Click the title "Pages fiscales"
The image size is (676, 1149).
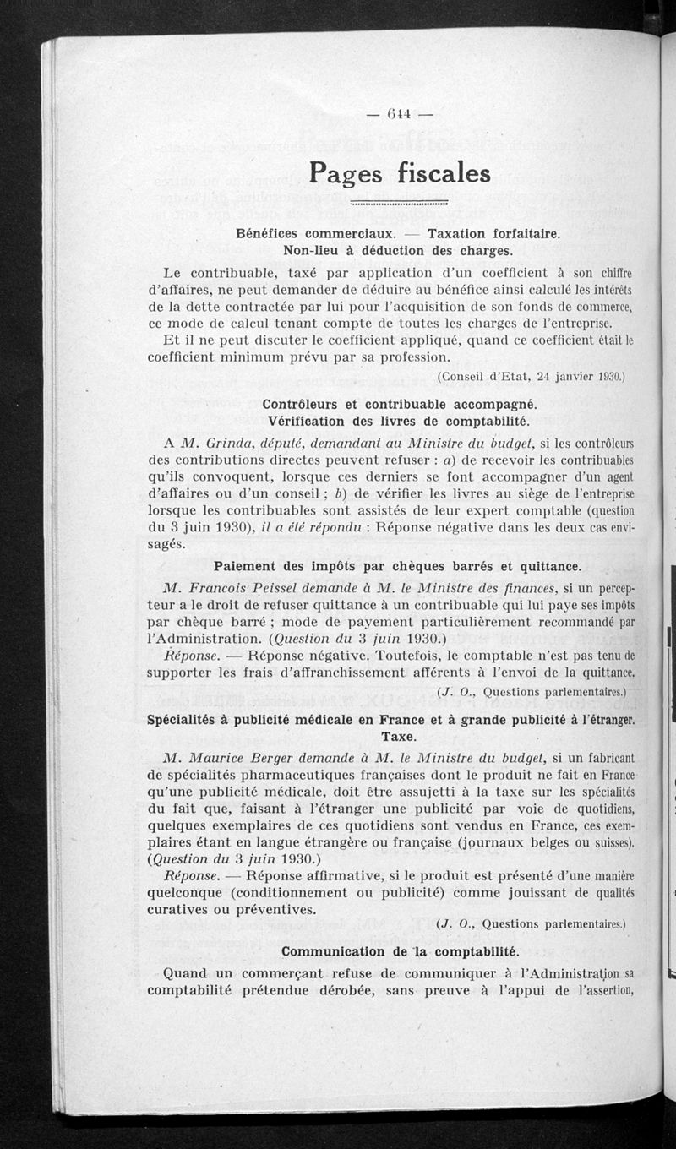click(399, 173)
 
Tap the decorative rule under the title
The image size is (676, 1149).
click(399, 204)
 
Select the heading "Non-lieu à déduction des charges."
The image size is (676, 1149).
click(398, 251)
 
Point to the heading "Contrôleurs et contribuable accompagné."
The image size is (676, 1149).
click(400, 405)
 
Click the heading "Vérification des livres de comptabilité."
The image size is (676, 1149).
click(398, 421)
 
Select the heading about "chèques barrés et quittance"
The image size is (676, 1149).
click(397, 565)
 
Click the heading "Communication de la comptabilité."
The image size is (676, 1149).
click(400, 951)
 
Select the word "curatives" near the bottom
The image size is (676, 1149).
click(182, 909)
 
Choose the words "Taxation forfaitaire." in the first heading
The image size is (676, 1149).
click(493, 234)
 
